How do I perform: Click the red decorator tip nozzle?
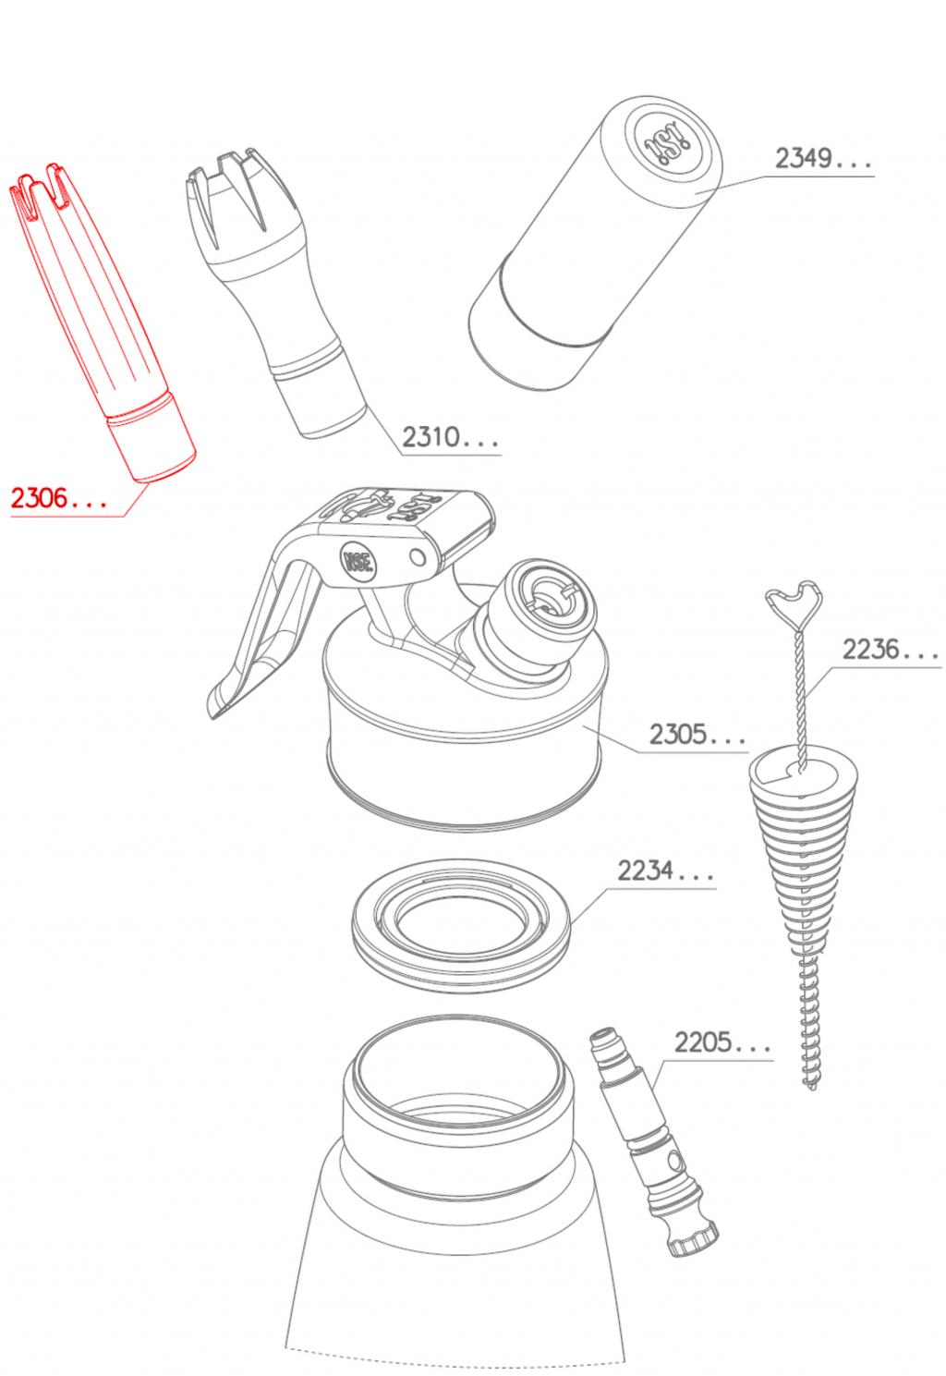pyautogui.click(x=102, y=323)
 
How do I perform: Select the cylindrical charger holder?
pyautogui.click(x=596, y=243)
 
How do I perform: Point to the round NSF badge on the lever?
pyautogui.click(x=358, y=561)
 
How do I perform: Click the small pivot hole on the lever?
pyautogui.click(x=418, y=557)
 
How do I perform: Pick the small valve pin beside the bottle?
pyautogui.click(x=653, y=1141)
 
